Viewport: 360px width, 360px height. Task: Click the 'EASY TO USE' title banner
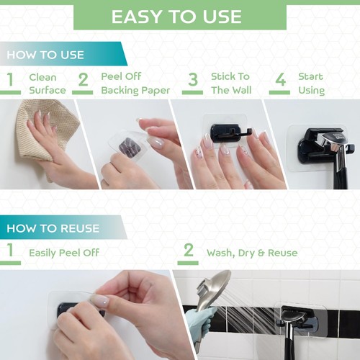(x=180, y=17)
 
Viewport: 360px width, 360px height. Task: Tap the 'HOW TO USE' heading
(x=45, y=55)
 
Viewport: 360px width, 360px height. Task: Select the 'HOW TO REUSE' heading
(x=53, y=228)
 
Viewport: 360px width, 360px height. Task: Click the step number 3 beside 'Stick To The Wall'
(x=193, y=80)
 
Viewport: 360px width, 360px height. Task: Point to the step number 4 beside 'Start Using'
(x=280, y=80)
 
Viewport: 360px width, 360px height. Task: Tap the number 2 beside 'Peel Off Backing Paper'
(x=83, y=80)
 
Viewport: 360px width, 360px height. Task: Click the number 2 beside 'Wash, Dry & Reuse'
(x=189, y=250)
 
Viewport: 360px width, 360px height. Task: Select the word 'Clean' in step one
(x=42, y=77)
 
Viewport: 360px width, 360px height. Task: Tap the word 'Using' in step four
(x=311, y=91)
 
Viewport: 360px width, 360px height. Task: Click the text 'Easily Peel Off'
(x=64, y=253)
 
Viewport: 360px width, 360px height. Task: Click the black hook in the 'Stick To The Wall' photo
(x=228, y=133)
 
